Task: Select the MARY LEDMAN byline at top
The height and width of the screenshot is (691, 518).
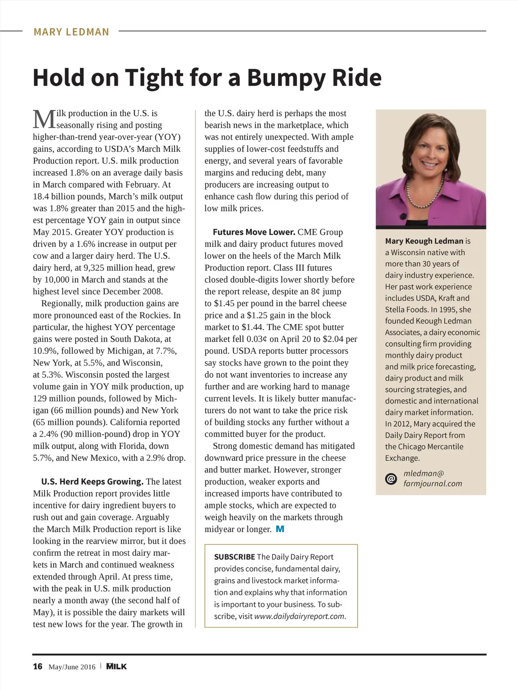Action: click(x=71, y=32)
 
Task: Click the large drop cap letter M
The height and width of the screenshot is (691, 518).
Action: click(x=44, y=119)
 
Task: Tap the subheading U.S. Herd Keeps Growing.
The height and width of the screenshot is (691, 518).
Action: click(x=93, y=481)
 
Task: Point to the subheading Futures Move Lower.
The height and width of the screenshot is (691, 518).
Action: click(x=254, y=232)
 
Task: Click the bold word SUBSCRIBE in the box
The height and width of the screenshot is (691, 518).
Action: click(x=234, y=557)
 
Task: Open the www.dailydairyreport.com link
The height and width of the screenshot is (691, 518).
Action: click(x=299, y=616)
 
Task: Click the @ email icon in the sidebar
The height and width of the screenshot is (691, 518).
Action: click(x=391, y=478)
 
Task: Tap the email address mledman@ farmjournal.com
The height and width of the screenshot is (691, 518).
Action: click(x=433, y=478)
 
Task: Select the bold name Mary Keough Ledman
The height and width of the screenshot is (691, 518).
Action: click(x=424, y=241)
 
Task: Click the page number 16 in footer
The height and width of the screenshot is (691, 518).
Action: click(x=37, y=666)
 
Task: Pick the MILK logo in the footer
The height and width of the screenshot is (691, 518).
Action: click(x=116, y=666)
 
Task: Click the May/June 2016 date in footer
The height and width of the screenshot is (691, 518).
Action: click(x=72, y=667)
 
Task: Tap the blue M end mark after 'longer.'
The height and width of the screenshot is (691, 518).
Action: click(x=280, y=529)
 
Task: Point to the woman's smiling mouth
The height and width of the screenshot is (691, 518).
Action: click(x=429, y=165)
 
